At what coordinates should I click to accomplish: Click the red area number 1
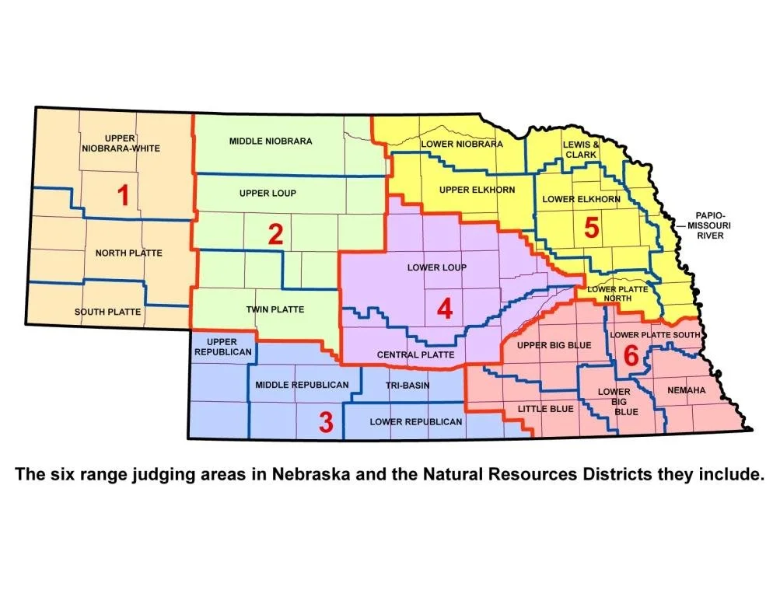[x=122, y=196]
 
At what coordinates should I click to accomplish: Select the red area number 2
[x=275, y=234]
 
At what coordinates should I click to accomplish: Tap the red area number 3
[x=326, y=423]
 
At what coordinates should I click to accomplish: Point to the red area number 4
[x=444, y=309]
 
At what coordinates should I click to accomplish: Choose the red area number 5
[x=591, y=228]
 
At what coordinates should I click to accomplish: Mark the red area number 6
[x=631, y=355]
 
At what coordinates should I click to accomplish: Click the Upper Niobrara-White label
[x=121, y=144]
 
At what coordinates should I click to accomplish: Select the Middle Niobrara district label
[x=271, y=141]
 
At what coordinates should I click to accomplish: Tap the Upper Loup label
[x=268, y=193]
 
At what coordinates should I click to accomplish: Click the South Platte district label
[x=108, y=312]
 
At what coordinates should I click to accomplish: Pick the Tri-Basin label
[x=407, y=385]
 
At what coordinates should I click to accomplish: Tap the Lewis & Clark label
[x=581, y=149]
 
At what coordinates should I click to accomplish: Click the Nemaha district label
[x=686, y=390]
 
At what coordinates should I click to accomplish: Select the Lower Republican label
[x=416, y=421]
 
